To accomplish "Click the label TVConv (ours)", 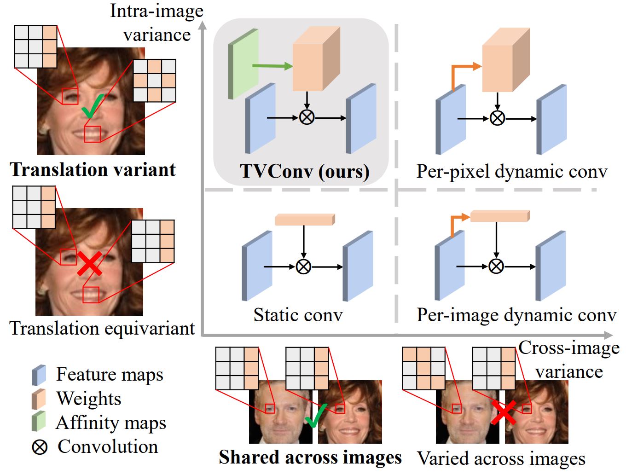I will [304, 171].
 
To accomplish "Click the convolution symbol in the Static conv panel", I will [303, 266].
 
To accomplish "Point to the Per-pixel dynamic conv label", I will [512, 171].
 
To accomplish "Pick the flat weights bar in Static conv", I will [305, 220].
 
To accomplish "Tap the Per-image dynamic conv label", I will [516, 315].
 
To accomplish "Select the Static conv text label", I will [298, 315].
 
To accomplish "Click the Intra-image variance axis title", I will [156, 23].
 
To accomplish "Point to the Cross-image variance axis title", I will [569, 359].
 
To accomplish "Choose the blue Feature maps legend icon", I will [39, 375].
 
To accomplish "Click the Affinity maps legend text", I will [110, 423].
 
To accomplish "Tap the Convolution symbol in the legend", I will [40, 447].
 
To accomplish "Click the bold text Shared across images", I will [310, 457].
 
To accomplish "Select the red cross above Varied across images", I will [504, 412].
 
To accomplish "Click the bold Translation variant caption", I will [93, 169].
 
